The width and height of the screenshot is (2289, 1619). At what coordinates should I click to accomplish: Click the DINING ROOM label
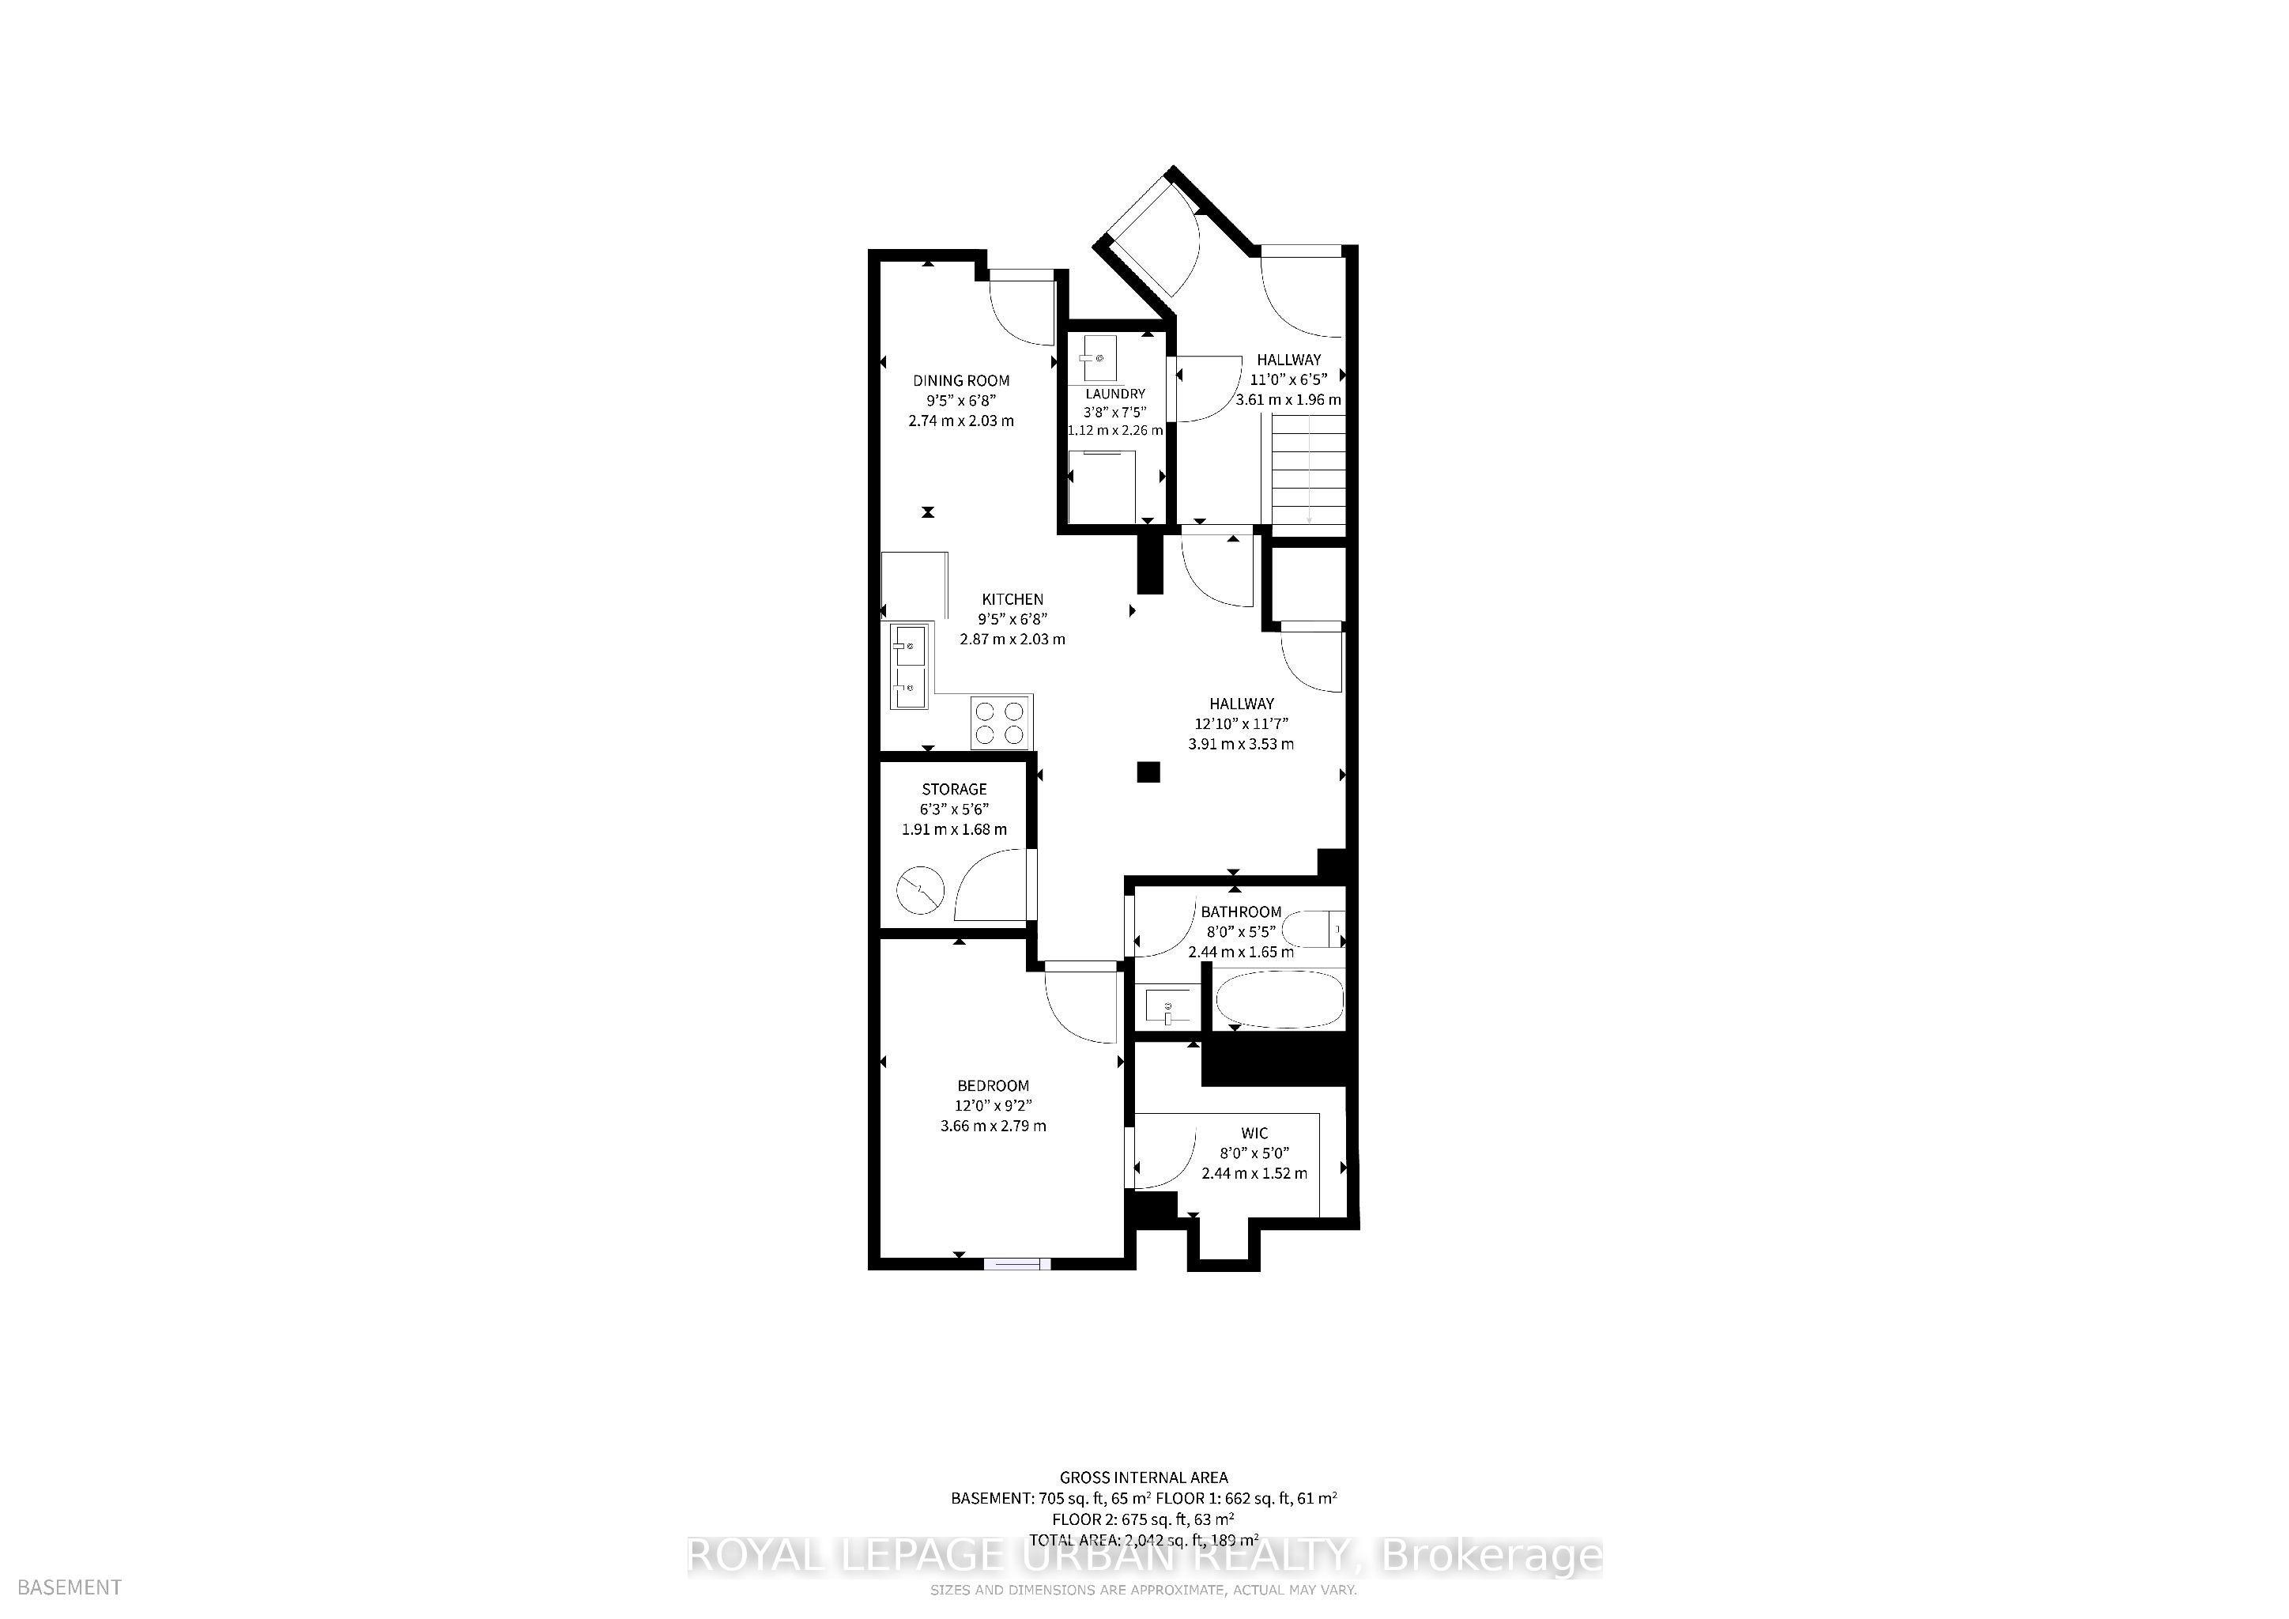961,379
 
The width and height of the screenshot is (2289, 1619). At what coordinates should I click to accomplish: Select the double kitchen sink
211,666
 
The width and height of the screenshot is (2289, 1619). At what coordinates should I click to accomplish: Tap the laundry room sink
1099,358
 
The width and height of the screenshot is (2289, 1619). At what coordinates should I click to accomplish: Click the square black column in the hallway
1149,772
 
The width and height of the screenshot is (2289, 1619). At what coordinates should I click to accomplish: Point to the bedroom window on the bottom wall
1017,1263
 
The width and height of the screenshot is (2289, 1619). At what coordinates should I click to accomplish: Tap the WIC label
1254,1133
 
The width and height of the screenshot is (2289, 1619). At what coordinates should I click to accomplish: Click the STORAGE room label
954,789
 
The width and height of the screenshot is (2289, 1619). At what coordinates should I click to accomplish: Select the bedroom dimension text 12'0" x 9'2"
993,1104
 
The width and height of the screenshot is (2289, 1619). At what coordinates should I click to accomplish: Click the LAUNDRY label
1114,394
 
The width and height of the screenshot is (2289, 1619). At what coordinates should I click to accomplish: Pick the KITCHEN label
1013,599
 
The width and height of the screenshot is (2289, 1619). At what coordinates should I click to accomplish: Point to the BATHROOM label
1240,911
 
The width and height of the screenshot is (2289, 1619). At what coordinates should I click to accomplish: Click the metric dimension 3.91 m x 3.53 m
1241,744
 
